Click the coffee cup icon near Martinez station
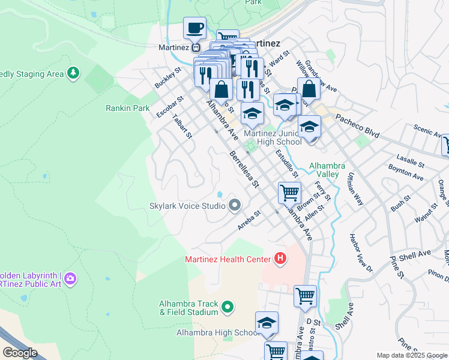click(x=195, y=28)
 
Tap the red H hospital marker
click(x=280, y=259)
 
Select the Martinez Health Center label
click(x=228, y=259)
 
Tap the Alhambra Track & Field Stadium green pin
click(x=228, y=308)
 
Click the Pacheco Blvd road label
click(x=357, y=126)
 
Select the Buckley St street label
click(x=167, y=77)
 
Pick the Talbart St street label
click(x=181, y=126)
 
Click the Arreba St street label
click(x=249, y=221)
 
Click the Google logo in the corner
click(x=20, y=353)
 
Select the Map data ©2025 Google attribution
click(x=412, y=355)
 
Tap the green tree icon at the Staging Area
click(x=74, y=73)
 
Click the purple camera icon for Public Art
click(x=71, y=278)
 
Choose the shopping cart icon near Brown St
click(x=289, y=193)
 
